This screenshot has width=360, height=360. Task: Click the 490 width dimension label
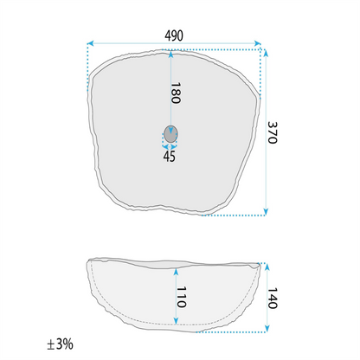click(x=174, y=35)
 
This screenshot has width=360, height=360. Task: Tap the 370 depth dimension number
click(x=273, y=132)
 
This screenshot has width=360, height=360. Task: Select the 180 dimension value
click(x=176, y=93)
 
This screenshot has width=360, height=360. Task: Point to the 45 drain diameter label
click(x=170, y=156)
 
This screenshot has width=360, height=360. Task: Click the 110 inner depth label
click(x=181, y=297)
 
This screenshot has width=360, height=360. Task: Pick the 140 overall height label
click(x=273, y=298)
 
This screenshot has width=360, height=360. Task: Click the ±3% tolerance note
click(x=60, y=344)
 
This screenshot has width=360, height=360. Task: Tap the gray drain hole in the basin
click(x=170, y=134)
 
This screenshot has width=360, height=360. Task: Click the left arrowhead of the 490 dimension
click(x=90, y=43)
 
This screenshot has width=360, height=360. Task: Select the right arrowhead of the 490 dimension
click(x=258, y=43)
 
